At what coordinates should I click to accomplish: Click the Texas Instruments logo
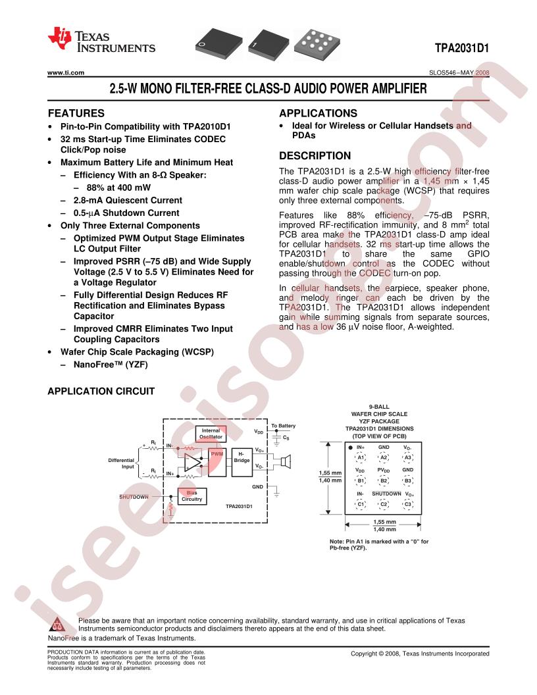coord(101,40)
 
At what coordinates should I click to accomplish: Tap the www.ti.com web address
coord(66,72)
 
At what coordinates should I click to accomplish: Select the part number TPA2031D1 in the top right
coord(462,48)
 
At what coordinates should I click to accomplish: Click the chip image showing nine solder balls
coord(317,43)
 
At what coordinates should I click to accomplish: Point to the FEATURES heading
coord(76,113)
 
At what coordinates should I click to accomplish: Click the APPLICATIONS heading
coord(318,113)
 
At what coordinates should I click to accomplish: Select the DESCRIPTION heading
coord(315,155)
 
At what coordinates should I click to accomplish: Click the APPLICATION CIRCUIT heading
coord(101,392)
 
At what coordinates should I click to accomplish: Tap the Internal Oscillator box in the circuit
coord(211,434)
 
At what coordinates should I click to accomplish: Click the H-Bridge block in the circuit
coord(242,462)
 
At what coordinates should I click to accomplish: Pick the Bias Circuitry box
coord(192,496)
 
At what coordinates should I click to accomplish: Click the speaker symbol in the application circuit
coord(286,462)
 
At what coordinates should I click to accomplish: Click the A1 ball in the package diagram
coord(361,457)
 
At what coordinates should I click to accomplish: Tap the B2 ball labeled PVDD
coord(384,480)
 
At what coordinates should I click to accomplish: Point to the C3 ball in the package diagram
coord(407,504)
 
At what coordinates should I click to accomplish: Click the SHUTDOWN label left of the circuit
coord(134,497)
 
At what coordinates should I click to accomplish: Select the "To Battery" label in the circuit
coord(283,426)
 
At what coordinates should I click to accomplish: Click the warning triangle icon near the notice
coord(57,625)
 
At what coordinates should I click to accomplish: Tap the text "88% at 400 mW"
coord(118,188)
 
